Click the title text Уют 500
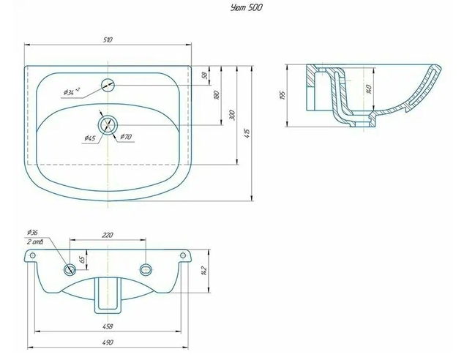(246, 7)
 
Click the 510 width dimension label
(108, 40)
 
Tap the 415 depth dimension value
(247, 133)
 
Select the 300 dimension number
(232, 115)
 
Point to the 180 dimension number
(217, 94)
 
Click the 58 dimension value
(204, 75)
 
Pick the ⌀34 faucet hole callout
(71, 91)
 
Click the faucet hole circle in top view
(108, 85)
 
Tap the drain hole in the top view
(108, 125)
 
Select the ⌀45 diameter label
(90, 138)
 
